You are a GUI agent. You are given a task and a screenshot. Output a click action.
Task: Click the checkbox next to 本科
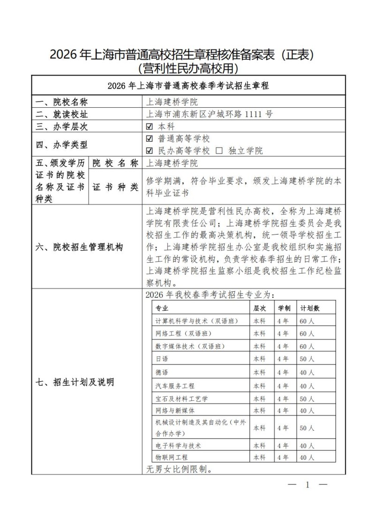150,126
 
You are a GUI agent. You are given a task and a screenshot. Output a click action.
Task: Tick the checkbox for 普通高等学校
150,139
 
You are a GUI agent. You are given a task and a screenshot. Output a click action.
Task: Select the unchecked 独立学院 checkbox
219,151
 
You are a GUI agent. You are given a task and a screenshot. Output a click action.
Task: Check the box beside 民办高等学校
150,151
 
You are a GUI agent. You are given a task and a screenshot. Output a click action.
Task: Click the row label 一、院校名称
62,102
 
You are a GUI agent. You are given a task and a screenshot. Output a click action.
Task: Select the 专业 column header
162,308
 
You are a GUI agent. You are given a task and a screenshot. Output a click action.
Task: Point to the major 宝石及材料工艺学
181,398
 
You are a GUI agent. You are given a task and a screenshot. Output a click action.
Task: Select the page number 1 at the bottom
308,485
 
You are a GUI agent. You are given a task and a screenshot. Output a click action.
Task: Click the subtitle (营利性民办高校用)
187,69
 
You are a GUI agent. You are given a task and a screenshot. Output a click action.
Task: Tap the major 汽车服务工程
175,386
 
